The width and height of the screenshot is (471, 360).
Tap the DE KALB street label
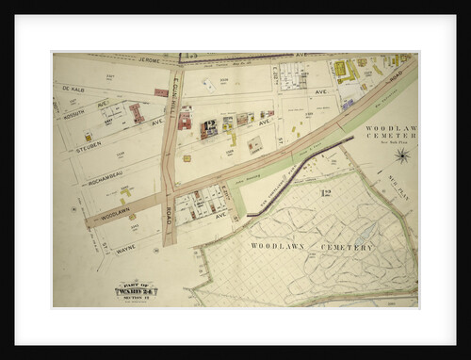click(x=74, y=89)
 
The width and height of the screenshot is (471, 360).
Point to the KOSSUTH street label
click(x=73, y=106)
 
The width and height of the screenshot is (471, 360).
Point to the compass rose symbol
click(x=402, y=155)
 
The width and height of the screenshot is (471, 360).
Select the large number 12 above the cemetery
click(x=325, y=193)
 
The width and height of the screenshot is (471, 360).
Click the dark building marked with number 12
click(x=209, y=127)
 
